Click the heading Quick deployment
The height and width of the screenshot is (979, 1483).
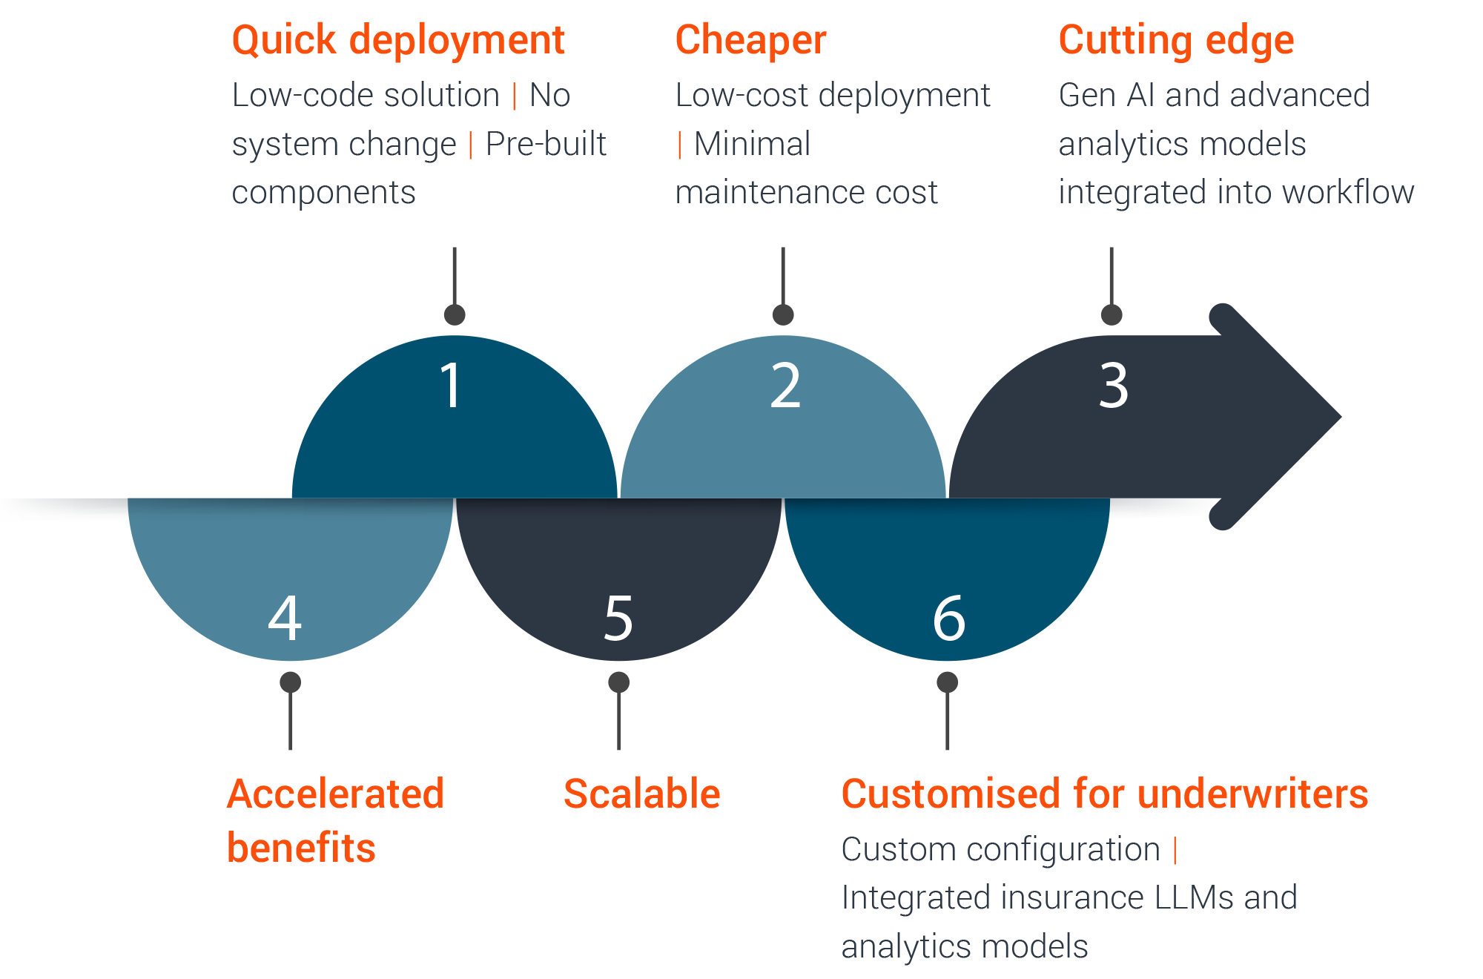pyautogui.click(x=398, y=41)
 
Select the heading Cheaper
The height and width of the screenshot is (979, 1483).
pyautogui.click(x=750, y=41)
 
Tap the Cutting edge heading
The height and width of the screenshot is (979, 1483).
pyautogui.click(x=1176, y=41)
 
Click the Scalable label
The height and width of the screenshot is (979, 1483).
pyautogui.click(x=642, y=794)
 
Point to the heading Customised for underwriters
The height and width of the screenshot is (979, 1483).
pyautogui.click(x=1105, y=794)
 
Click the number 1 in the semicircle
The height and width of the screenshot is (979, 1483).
pyautogui.click(x=452, y=386)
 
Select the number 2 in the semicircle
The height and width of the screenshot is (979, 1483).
pyautogui.click(x=786, y=386)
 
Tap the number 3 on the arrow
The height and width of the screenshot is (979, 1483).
pyautogui.click(x=1114, y=386)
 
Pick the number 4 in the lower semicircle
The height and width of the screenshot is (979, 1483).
pyautogui.click(x=285, y=617)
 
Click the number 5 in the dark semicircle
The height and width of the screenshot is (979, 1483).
pyautogui.click(x=618, y=617)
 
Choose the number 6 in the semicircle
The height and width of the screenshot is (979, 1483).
pyautogui.click(x=949, y=617)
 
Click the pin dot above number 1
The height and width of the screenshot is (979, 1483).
pyautogui.click(x=455, y=314)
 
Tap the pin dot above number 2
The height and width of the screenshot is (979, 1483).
pyautogui.click(x=783, y=314)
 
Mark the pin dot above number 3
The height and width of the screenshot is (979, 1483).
pyautogui.click(x=1112, y=314)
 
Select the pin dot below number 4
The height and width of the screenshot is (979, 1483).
pyautogui.click(x=290, y=682)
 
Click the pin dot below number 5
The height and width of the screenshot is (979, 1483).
pyautogui.click(x=618, y=682)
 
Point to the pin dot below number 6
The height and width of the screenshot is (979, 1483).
pyautogui.click(x=947, y=682)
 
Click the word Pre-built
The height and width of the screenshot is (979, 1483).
pyautogui.click(x=546, y=144)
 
